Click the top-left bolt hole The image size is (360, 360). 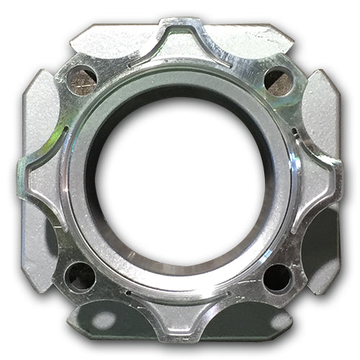coord(81,80)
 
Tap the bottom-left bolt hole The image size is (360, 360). coord(79,276)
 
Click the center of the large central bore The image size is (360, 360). coord(179,180)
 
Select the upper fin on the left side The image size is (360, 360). coord(40,115)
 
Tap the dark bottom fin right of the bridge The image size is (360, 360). coord(248,317)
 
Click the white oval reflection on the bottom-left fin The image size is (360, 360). coord(105,320)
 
